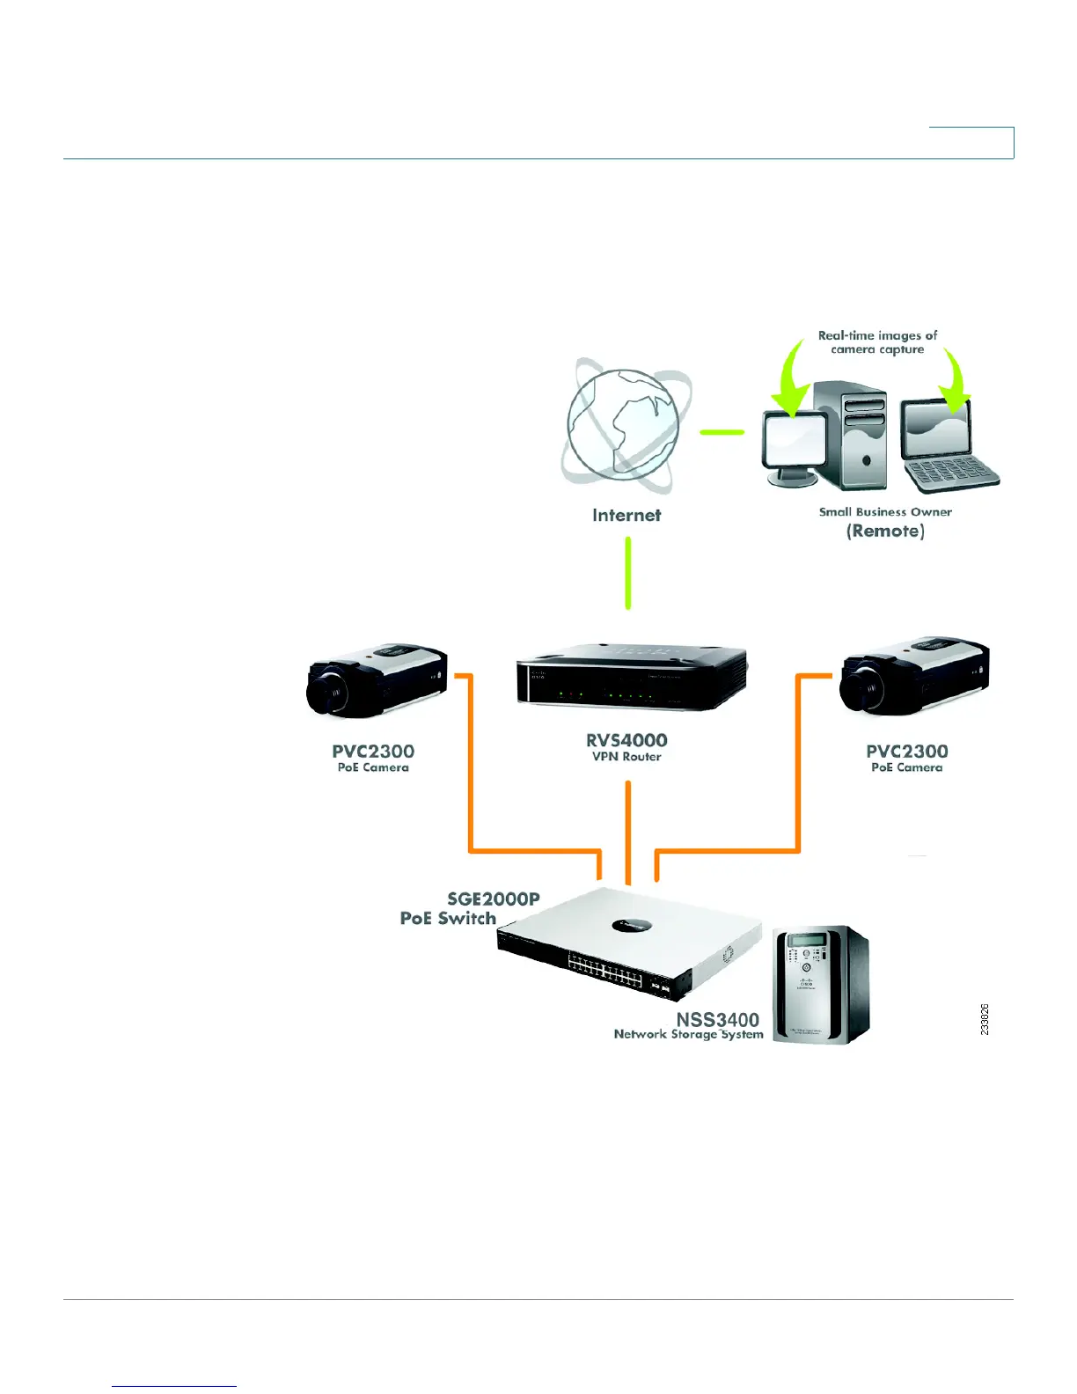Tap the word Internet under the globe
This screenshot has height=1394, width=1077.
point(626,516)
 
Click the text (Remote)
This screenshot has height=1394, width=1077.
point(885,532)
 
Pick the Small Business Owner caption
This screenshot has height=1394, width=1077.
point(885,512)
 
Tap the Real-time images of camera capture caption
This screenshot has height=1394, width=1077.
point(877,342)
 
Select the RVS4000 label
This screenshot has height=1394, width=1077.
point(626,740)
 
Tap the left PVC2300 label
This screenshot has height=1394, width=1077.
point(373,752)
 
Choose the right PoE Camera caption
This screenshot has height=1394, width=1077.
point(906,768)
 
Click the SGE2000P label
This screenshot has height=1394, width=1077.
point(494,899)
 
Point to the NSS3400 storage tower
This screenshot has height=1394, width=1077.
point(820,985)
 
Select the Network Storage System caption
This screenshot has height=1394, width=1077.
point(688,1035)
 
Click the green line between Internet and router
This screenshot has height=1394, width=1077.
point(627,573)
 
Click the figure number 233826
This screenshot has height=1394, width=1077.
point(985,1019)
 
